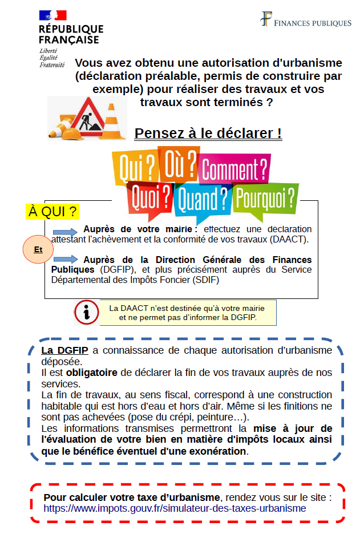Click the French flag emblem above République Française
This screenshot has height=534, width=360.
(52, 16)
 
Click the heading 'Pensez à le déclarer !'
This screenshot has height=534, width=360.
(208, 133)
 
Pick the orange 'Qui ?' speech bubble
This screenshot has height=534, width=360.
(136, 165)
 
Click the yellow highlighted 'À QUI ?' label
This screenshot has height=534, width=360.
(52, 212)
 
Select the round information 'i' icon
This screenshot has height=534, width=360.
(86, 312)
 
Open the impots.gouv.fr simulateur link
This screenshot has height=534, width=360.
(175, 508)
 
